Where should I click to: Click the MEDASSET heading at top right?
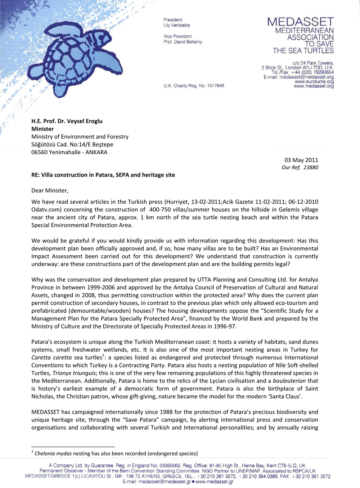[x=301, y=22]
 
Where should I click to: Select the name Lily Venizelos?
[x=176, y=26]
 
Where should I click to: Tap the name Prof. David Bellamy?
[x=183, y=42]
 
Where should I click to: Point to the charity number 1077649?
[x=215, y=86]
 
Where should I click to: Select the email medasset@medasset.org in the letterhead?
[x=306, y=77]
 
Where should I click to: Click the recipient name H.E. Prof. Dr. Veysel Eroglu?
[x=67, y=121]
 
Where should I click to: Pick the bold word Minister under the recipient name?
[x=42, y=129]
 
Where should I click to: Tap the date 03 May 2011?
[x=301, y=160]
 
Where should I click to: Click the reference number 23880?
[x=311, y=167]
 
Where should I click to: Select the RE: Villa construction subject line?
[x=103, y=175]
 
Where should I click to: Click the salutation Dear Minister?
[x=50, y=191]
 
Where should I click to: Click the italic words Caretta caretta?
[x=51, y=358]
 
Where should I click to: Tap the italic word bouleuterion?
[x=289, y=381]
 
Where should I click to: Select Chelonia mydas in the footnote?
[x=53, y=453]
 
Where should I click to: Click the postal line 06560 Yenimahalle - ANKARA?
[x=69, y=152]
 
